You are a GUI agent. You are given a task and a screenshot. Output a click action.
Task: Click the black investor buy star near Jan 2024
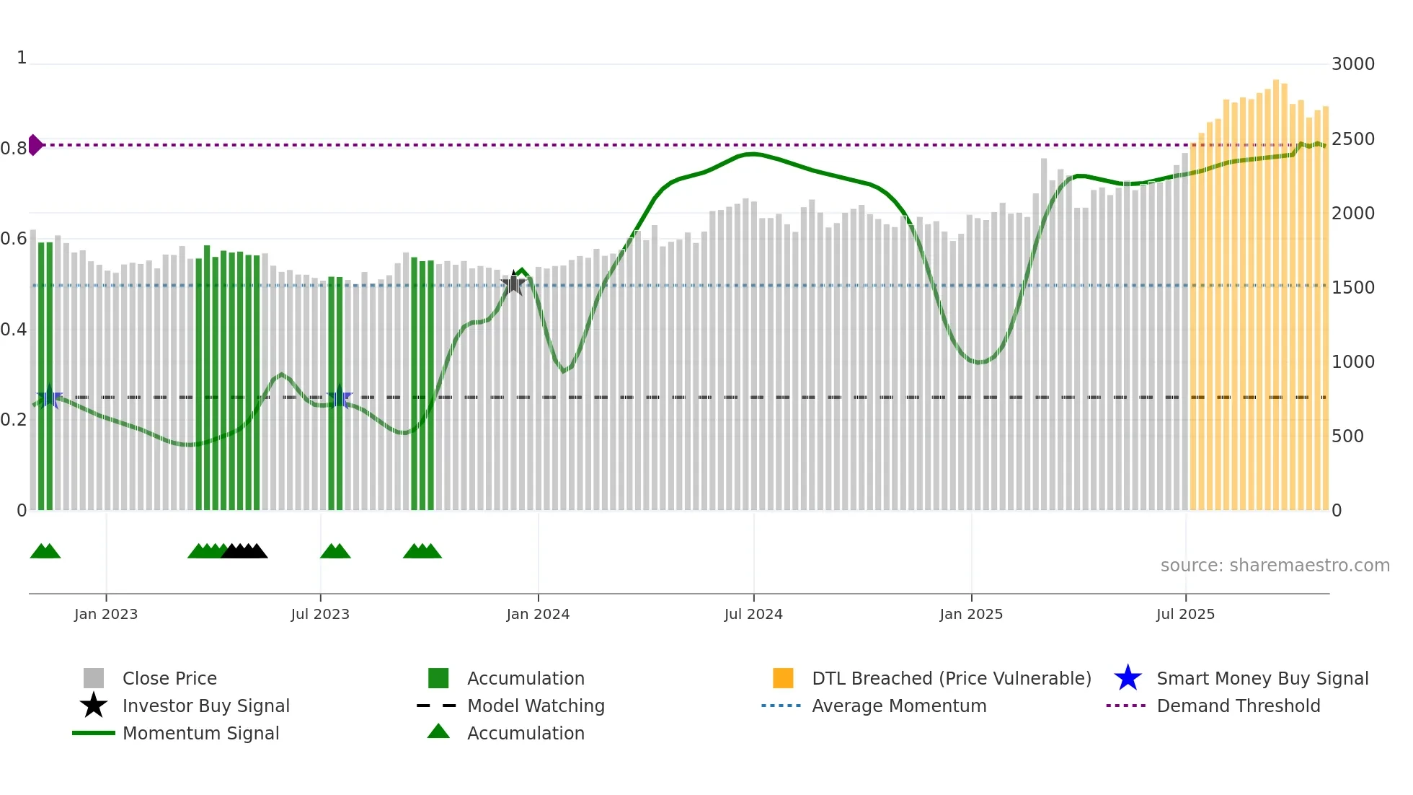pos(513,284)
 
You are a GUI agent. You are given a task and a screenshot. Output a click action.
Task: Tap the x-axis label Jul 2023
pos(320,614)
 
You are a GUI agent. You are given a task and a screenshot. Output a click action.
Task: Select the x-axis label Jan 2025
pos(971,614)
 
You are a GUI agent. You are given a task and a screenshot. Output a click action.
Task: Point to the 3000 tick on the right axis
pos(1352,64)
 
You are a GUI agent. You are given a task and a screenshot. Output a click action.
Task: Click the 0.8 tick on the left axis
pos(14,149)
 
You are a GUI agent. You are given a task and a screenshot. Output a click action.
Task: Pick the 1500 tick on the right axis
pos(1352,287)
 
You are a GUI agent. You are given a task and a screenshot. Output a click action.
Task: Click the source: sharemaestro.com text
pos(1275,565)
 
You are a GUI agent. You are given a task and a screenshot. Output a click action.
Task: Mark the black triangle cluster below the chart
pos(244,552)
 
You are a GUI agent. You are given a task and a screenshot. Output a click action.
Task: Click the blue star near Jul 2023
pos(339,397)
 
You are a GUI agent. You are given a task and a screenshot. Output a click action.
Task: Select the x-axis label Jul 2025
pos(1185,614)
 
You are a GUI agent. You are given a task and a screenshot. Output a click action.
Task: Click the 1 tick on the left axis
pos(22,58)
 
